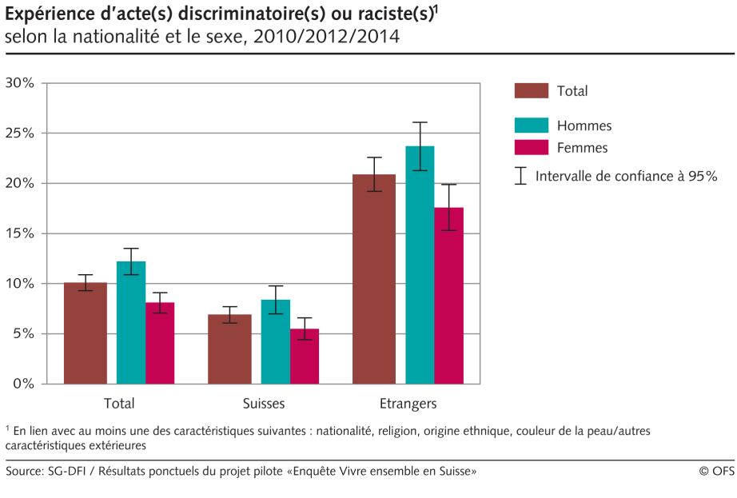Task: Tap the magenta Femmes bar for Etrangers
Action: click(448, 295)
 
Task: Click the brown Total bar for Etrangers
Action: click(374, 279)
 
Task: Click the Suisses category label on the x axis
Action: click(263, 403)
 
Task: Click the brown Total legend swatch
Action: click(531, 91)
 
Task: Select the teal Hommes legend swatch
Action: click(531, 125)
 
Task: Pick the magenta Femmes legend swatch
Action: click(531, 147)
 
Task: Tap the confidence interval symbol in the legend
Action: click(520, 176)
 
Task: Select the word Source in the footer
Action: click(26, 472)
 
